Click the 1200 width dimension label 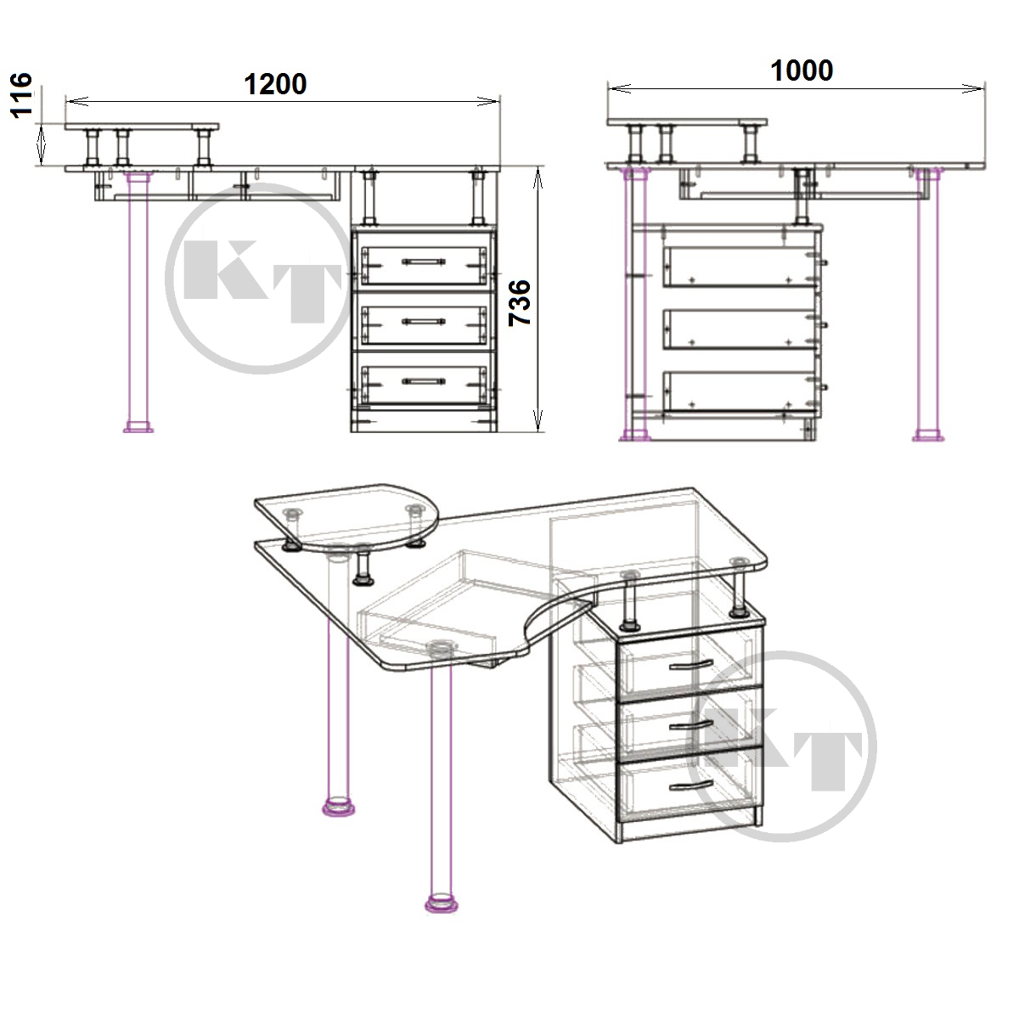[275, 84]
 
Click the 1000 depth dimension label [802, 70]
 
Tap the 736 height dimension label [520, 303]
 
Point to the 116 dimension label [22, 95]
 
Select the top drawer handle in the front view [424, 262]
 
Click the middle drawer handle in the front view [424, 321]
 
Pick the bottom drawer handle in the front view [424, 380]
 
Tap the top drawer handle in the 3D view [690, 665]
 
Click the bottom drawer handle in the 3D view [690, 786]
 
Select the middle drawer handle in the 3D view [690, 725]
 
